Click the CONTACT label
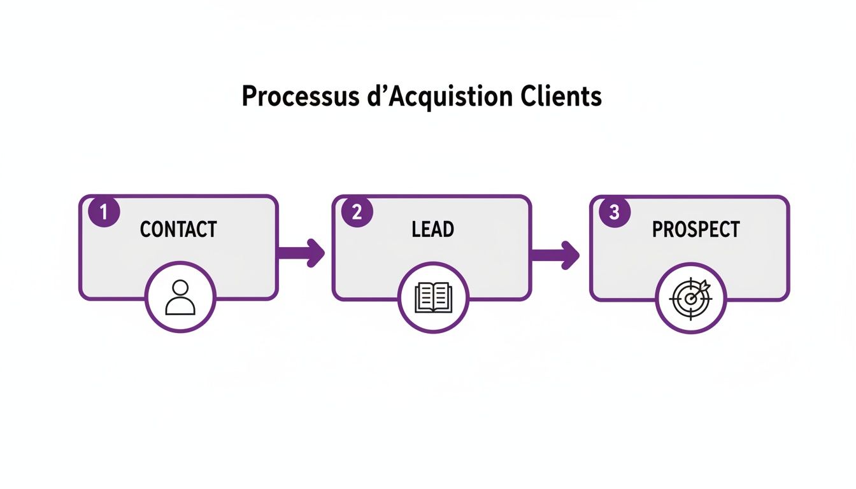[178, 229]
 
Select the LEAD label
[432, 229]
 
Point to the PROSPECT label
[695, 229]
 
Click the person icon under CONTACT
[180, 297]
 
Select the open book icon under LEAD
[433, 297]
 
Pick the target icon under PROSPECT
[691, 297]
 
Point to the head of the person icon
[180, 288]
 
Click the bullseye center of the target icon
[690, 299]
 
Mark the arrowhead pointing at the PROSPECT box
[571, 254]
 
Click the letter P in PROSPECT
[658, 229]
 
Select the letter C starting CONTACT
[146, 229]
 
